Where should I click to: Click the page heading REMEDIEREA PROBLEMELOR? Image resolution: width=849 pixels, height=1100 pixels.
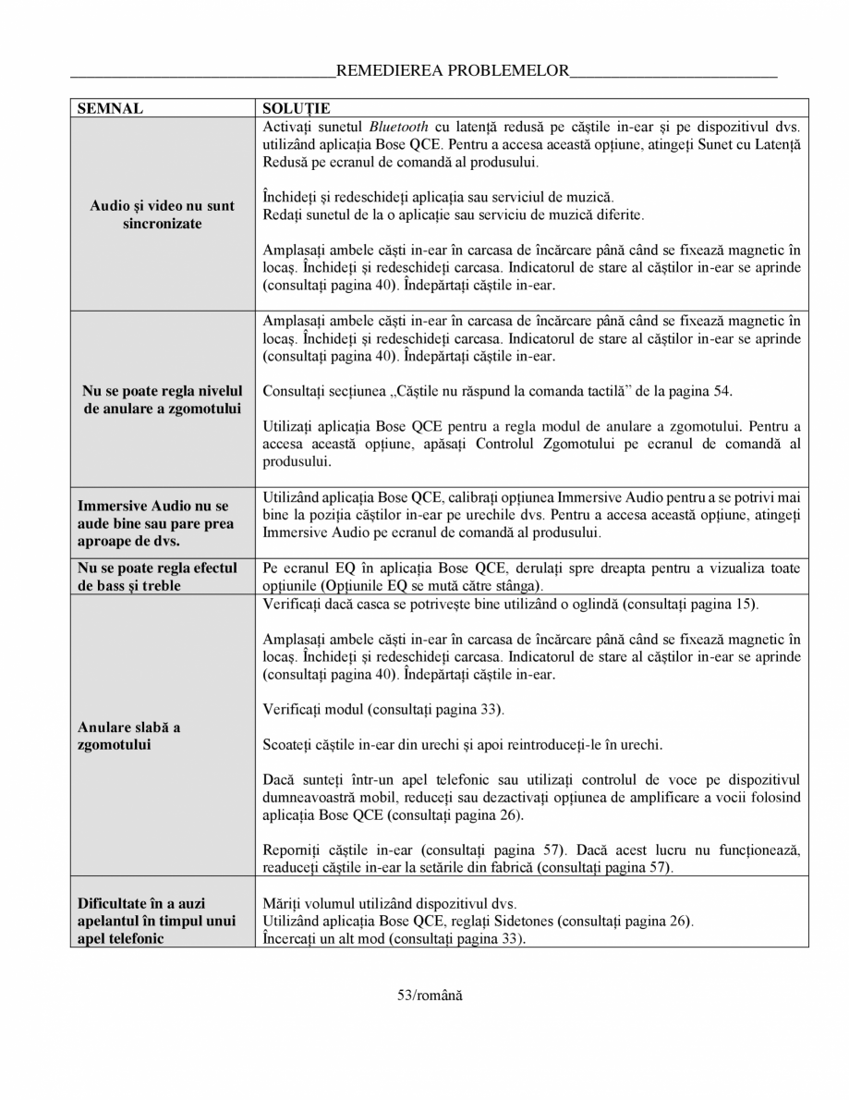[452, 70]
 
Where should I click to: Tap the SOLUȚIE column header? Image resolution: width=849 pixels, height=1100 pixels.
[297, 108]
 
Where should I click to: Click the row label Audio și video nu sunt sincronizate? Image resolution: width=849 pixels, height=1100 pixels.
[162, 214]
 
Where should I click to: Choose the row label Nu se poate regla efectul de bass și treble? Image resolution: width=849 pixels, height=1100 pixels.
[157, 577]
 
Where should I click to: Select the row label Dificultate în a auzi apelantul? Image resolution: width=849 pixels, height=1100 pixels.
[156, 921]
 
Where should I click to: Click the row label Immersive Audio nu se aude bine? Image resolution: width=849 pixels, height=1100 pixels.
[156, 523]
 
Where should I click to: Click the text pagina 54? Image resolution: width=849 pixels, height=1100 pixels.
[706, 390]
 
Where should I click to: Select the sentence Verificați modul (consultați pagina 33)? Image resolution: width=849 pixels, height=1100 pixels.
[382, 709]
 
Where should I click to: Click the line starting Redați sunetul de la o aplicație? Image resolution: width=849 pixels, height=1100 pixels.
[454, 214]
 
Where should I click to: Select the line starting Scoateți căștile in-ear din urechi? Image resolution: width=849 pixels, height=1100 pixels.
[462, 744]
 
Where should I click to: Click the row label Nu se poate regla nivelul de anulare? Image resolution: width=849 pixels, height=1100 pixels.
[162, 399]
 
